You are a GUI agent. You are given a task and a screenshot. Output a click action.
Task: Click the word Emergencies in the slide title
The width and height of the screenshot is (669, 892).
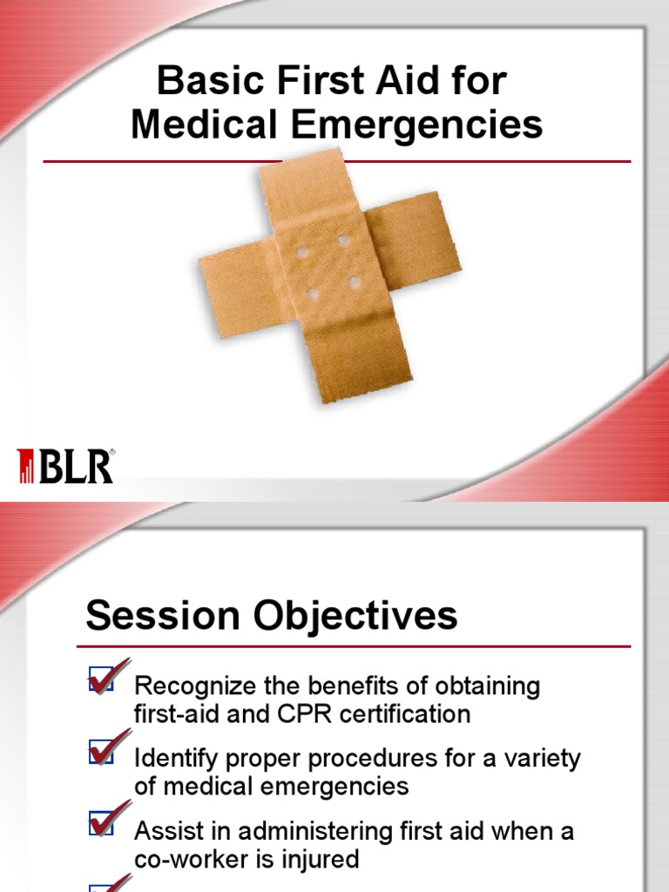(423, 125)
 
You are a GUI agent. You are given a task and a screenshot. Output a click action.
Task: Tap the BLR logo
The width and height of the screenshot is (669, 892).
(65, 466)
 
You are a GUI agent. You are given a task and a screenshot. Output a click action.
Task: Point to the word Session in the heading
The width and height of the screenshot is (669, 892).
(162, 617)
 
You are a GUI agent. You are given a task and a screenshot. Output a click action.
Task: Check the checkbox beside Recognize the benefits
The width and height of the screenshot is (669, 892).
(101, 680)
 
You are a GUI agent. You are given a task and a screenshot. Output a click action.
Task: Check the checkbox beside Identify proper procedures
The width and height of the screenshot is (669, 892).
(101, 753)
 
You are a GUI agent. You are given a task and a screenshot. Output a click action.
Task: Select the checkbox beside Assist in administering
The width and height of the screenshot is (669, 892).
(101, 824)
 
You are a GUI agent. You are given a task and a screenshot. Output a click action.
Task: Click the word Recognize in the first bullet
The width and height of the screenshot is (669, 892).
(192, 686)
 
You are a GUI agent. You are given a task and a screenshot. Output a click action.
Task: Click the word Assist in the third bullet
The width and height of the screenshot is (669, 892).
(165, 831)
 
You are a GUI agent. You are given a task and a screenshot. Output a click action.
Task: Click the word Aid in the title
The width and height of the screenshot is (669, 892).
(411, 83)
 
